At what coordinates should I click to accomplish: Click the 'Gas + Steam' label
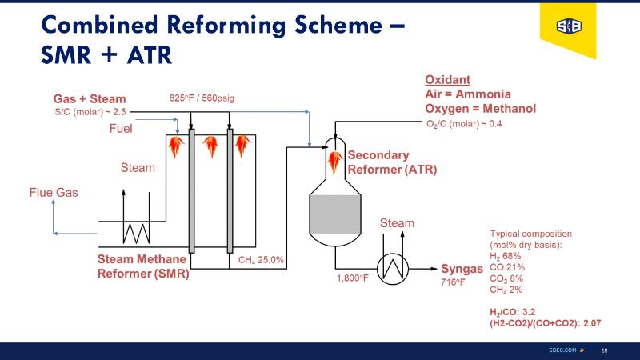pyautogui.click(x=90, y=99)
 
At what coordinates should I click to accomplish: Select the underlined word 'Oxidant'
pyautogui.click(x=447, y=80)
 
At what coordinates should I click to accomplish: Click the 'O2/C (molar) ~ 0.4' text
pyautogui.click(x=465, y=123)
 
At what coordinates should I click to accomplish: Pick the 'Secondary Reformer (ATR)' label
pyautogui.click(x=392, y=162)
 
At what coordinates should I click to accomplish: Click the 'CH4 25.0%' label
pyautogui.click(x=262, y=260)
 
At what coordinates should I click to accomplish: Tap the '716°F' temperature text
pyautogui.click(x=453, y=282)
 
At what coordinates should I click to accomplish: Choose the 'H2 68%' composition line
pyautogui.click(x=506, y=256)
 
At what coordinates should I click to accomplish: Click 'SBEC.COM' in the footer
pyautogui.click(x=562, y=350)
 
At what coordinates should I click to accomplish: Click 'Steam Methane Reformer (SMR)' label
pyautogui.click(x=142, y=266)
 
